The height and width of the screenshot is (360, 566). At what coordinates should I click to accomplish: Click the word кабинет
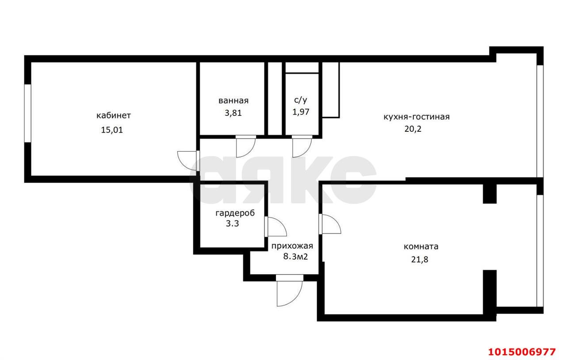tap(114, 115)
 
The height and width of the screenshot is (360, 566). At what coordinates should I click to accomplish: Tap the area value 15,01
tap(112, 130)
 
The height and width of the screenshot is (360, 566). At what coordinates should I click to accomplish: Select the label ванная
tap(233, 101)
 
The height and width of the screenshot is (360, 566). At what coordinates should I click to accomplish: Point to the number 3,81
tap(233, 113)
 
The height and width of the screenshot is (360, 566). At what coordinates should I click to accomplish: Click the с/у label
tap(301, 100)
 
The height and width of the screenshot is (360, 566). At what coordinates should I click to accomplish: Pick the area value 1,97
tap(301, 112)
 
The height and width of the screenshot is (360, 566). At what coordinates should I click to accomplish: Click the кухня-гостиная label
tap(417, 117)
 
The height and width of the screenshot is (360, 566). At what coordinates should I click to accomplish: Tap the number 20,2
tap(413, 129)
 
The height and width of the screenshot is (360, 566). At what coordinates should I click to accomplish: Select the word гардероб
tap(235, 213)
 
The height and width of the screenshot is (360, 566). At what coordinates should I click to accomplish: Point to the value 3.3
tap(232, 223)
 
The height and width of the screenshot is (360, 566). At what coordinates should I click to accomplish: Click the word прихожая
tap(292, 246)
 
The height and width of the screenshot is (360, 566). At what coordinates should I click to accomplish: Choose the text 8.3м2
tap(296, 257)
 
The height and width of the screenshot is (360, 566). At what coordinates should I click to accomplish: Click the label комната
tap(421, 246)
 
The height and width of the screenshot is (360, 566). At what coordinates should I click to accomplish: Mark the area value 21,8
tap(420, 260)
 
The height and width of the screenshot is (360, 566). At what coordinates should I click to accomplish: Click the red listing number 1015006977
tap(522, 352)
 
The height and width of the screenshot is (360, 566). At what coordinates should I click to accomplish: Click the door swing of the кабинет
tap(187, 161)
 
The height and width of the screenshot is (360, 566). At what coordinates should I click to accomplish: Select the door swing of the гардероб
tap(275, 226)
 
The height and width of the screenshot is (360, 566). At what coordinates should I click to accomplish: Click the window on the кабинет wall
tap(28, 113)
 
